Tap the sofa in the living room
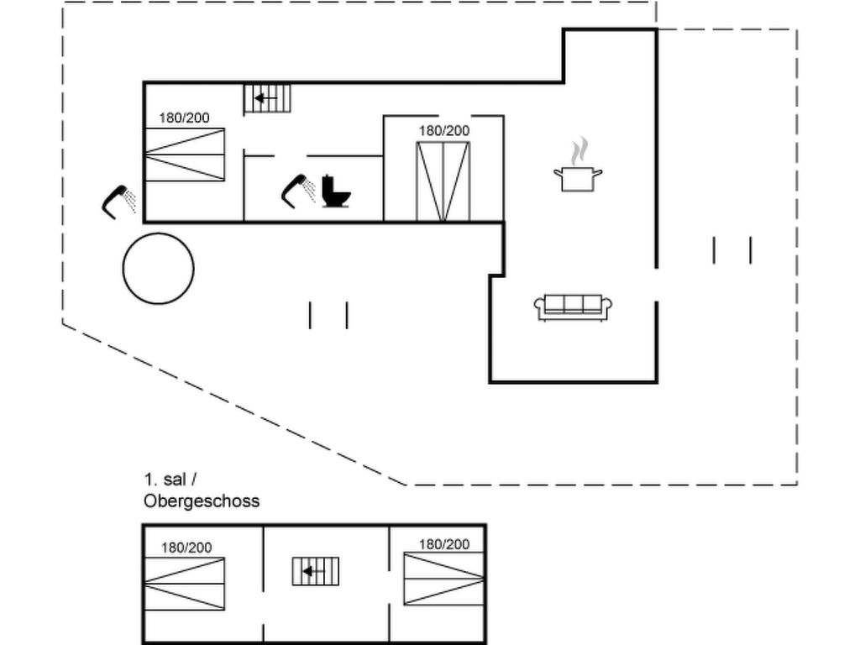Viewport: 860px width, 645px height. coord(574,307)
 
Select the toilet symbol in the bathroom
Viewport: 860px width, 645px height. coord(336,192)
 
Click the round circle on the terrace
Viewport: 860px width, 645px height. coord(158,269)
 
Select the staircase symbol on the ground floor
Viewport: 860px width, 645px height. coord(267,98)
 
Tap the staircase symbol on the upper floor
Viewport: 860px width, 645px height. coord(316,572)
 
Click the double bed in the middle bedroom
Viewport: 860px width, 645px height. coord(443,182)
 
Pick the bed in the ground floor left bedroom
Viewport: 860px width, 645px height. coord(185,155)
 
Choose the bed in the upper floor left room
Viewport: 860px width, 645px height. coord(184,584)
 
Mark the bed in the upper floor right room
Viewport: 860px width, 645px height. coord(444,579)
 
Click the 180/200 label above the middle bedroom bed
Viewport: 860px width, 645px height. coord(444,130)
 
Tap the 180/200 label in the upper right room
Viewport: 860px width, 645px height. coord(444,544)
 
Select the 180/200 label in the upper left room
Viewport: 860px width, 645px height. coord(186,548)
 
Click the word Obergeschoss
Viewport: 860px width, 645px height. coord(202,501)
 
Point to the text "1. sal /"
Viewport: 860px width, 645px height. coord(170,480)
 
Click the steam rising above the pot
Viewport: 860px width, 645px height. coord(577,153)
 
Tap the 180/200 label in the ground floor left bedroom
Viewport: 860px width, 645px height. coord(185,118)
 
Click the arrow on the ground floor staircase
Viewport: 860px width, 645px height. coord(265,98)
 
